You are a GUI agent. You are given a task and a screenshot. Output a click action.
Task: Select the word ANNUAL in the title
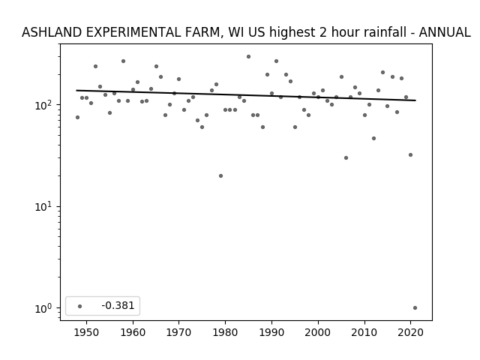click(445, 32)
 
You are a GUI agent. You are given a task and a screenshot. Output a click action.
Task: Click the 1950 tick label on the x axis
click(87, 332)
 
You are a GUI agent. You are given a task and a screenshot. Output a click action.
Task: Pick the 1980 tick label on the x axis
click(225, 332)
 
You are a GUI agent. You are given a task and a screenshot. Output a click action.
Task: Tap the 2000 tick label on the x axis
click(318, 332)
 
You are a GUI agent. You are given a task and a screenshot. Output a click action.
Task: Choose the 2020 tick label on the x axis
click(410, 332)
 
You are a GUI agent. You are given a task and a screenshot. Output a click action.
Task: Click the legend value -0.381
click(118, 305)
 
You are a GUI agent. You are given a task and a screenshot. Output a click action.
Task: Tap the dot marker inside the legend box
click(80, 306)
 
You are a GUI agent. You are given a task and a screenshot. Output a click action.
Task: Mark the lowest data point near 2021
click(415, 308)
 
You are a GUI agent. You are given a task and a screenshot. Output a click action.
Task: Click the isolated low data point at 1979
click(220, 175)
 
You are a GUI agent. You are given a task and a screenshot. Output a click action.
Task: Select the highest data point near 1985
click(248, 57)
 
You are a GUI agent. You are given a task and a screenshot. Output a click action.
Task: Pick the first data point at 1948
click(77, 117)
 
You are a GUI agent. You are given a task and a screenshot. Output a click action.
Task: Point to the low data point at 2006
click(346, 158)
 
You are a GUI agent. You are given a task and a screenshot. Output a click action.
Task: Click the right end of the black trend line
click(415, 100)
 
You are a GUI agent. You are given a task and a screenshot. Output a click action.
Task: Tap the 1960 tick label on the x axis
click(133, 332)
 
